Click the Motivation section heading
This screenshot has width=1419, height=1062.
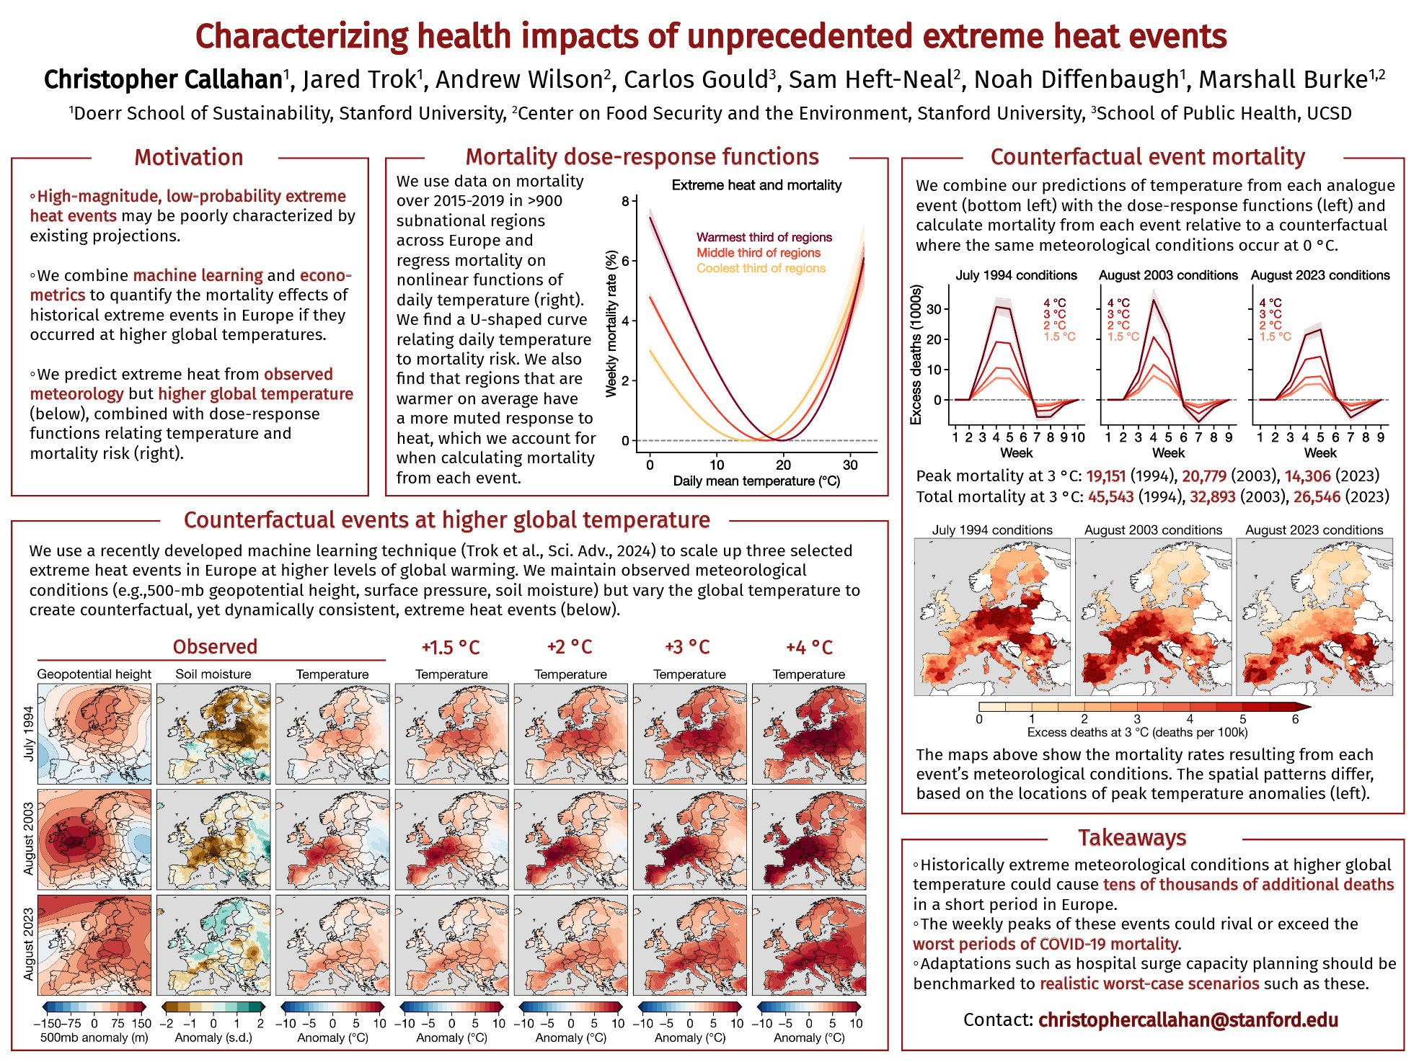pyautogui.click(x=188, y=158)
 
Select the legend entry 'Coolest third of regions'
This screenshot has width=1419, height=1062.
pyautogui.click(x=761, y=268)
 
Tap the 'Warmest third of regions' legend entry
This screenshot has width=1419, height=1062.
pyautogui.click(x=764, y=237)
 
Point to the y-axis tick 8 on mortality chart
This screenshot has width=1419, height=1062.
pyautogui.click(x=625, y=201)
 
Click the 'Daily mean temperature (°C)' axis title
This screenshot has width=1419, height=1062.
pyautogui.click(x=756, y=481)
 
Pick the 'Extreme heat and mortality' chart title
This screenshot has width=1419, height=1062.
pyautogui.click(x=756, y=185)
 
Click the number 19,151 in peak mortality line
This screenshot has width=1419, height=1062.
pyautogui.click(x=1105, y=476)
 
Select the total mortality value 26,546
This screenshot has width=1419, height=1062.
pyautogui.click(x=1317, y=496)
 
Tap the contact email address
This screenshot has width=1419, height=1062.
pyautogui.click(x=1188, y=1019)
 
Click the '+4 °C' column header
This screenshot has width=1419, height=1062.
pyautogui.click(x=809, y=647)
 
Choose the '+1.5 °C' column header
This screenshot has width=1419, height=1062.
pyautogui.click(x=451, y=647)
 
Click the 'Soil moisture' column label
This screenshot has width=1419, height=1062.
pyautogui.click(x=213, y=674)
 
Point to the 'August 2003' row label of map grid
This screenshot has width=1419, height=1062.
pyautogui.click(x=29, y=839)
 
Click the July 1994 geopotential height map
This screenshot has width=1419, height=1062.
pyautogui.click(x=94, y=733)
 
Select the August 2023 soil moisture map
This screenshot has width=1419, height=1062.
pyautogui.click(x=213, y=945)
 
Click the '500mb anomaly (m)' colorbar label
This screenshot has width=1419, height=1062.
pyautogui.click(x=94, y=1038)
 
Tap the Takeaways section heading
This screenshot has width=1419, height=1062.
pyautogui.click(x=1132, y=838)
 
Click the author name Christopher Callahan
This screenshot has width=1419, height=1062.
pyautogui.click(x=163, y=79)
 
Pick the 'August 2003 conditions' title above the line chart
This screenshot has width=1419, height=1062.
pyautogui.click(x=1168, y=275)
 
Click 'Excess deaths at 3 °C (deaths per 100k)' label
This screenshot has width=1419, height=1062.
pyautogui.click(x=1137, y=732)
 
